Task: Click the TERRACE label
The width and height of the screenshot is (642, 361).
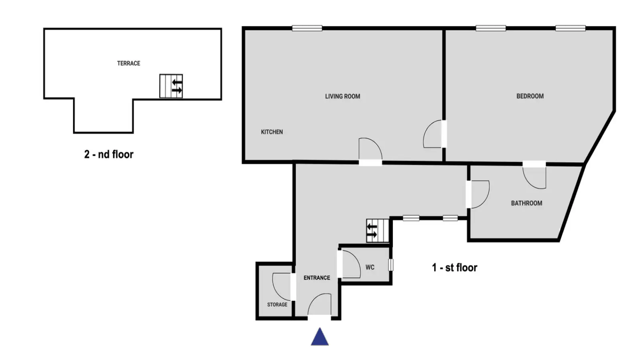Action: (128, 63)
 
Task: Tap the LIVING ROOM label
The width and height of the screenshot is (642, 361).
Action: (343, 96)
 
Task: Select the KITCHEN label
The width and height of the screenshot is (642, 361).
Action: (272, 132)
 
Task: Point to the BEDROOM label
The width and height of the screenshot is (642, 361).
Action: (530, 96)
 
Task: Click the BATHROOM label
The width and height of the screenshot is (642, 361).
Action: (526, 203)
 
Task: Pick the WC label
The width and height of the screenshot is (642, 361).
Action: (370, 267)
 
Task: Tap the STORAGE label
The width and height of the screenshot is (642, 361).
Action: (277, 304)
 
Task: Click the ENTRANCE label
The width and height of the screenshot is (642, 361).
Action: (317, 278)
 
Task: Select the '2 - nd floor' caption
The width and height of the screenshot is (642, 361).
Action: (109, 154)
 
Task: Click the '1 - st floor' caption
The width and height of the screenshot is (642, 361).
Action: (455, 268)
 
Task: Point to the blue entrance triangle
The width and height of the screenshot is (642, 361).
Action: (320, 337)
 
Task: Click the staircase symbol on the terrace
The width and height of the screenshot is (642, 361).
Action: (171, 86)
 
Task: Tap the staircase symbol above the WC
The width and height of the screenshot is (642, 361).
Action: (378, 231)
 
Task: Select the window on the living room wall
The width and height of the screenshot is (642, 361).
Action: (307, 28)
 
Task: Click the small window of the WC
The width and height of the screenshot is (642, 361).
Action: (391, 265)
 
